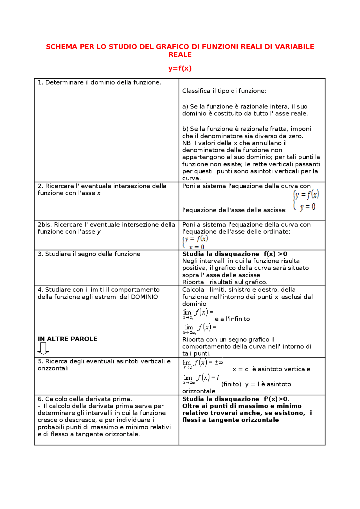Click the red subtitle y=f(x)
point(180,68)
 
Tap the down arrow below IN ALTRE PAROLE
point(43,349)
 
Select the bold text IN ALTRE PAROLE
point(67,339)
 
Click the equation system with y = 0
point(306,200)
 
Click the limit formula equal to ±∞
point(202,364)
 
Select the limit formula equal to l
point(201,379)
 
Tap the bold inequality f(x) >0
point(275,254)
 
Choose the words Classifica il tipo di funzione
point(224,91)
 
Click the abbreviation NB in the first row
point(186,143)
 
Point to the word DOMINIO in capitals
point(144,297)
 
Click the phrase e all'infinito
point(232,319)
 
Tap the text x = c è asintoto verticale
point(271,369)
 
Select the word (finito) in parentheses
point(231,384)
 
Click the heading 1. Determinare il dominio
point(99,83)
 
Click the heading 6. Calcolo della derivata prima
point(85,399)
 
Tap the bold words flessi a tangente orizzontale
point(231,420)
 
